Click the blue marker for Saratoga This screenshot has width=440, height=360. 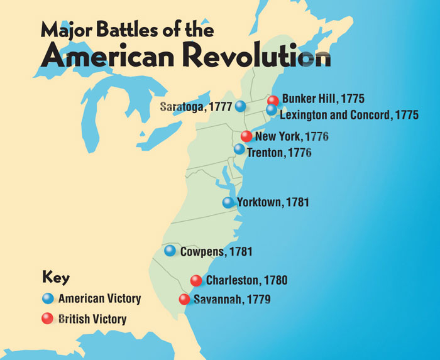[x=240, y=106]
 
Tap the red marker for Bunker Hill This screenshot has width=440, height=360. [x=273, y=101]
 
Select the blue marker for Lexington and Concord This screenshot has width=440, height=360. [x=272, y=110]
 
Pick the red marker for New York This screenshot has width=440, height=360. [x=246, y=136]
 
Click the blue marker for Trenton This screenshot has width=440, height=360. [x=239, y=150]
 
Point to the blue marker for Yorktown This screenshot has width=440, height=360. [x=228, y=202]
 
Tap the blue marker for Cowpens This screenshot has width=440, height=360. [x=170, y=251]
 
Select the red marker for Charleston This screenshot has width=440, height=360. [x=196, y=280]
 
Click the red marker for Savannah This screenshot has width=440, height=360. [x=184, y=300]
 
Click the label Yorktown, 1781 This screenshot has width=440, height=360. [x=273, y=202]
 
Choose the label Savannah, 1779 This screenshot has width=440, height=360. [x=231, y=300]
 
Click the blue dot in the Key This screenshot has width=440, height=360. [x=47, y=299]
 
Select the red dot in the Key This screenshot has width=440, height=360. [x=47, y=319]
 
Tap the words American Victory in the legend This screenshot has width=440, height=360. [x=99, y=299]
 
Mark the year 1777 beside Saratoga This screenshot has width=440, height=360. [x=221, y=106]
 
